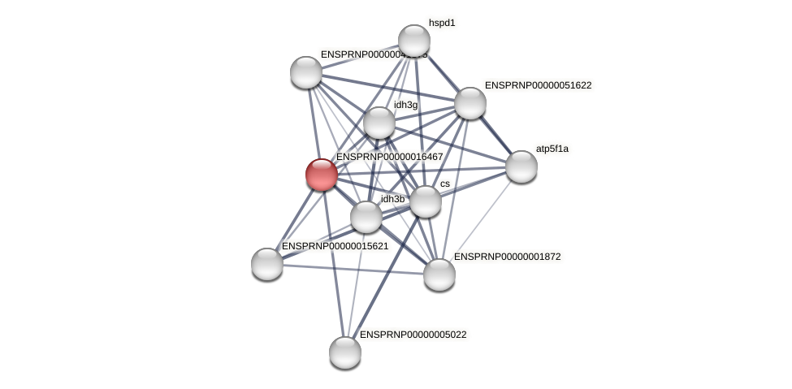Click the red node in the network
click(321, 174)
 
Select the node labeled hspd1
click(413, 41)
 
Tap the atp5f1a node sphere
click(521, 166)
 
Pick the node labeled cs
click(425, 201)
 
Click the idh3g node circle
click(379, 123)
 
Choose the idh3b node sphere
click(366, 217)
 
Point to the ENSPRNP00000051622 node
click(470, 103)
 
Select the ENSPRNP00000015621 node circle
click(266, 263)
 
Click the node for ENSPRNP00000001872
click(439, 274)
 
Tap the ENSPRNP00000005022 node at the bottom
click(344, 352)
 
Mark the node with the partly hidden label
click(305, 72)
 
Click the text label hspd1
click(442, 23)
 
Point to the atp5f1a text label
click(552, 149)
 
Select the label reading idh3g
click(405, 105)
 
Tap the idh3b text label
click(392, 199)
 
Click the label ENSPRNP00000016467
click(390, 157)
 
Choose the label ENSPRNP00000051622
click(538, 85)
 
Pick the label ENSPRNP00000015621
click(335, 246)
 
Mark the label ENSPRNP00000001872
click(507, 257)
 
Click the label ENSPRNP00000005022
click(413, 335)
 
